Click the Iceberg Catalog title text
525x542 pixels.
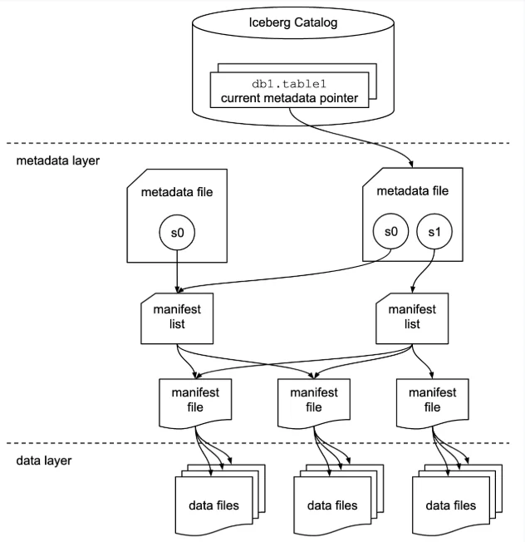click(x=293, y=22)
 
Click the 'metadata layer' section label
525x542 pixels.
click(x=58, y=160)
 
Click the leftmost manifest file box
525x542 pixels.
click(x=195, y=399)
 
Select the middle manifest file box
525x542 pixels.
click(x=313, y=399)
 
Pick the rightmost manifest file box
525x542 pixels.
click(x=432, y=399)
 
